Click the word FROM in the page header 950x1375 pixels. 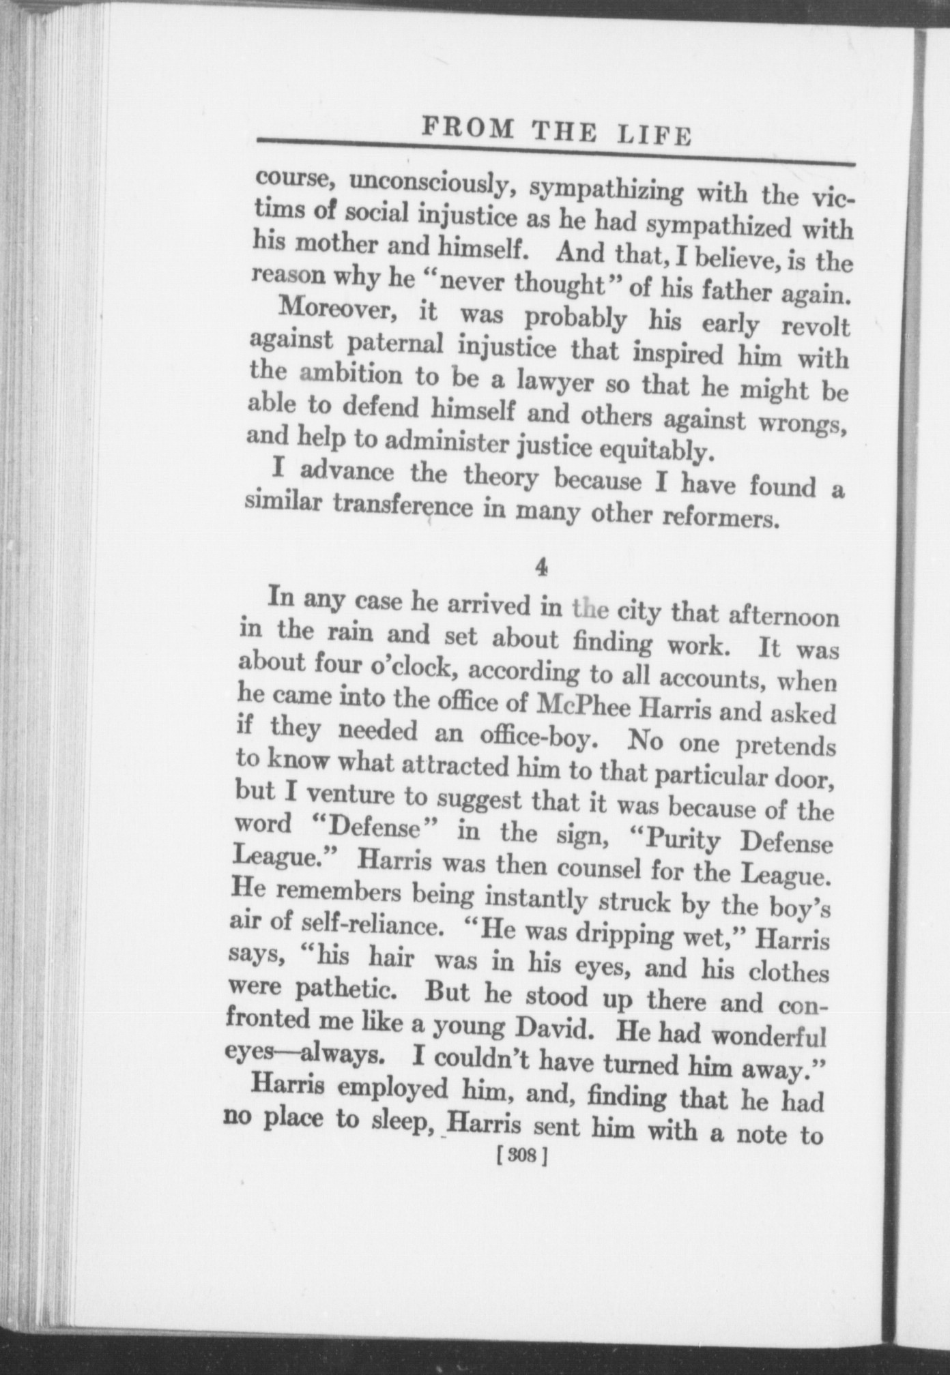[467, 128]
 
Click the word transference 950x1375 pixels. [402, 506]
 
